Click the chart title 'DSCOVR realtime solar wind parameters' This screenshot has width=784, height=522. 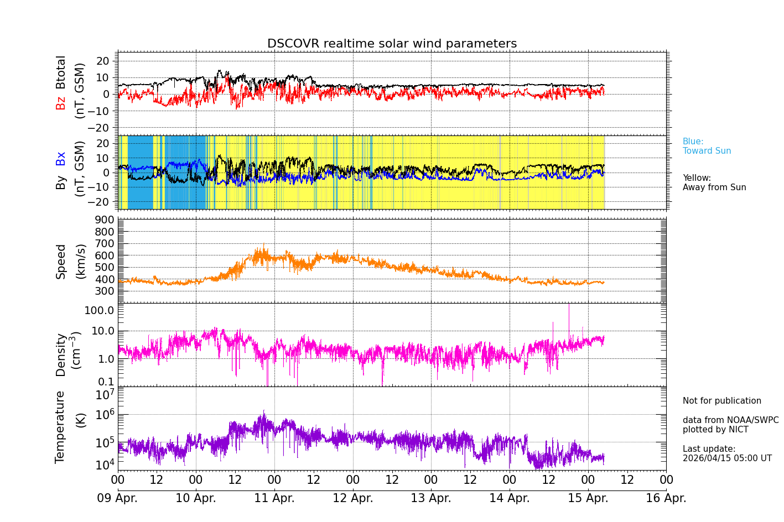click(392, 44)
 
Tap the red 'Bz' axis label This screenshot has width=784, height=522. click(61, 103)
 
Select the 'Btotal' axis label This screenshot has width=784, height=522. click(61, 72)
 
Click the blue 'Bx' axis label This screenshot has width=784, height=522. click(61, 158)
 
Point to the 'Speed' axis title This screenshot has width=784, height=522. click(61, 261)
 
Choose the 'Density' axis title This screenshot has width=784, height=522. click(61, 354)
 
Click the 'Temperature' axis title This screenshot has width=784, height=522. click(60, 426)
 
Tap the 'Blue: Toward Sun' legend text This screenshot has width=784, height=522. click(707, 146)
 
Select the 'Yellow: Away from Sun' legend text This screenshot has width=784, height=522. click(714, 182)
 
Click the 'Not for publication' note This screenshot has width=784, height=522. click(721, 401)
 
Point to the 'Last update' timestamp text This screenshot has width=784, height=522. click(726, 453)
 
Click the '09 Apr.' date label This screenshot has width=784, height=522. click(117, 498)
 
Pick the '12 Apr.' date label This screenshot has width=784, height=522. click(352, 498)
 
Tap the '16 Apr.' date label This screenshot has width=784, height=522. click(666, 498)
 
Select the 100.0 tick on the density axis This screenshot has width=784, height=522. click(99, 310)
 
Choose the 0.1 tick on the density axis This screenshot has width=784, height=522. click(106, 381)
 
